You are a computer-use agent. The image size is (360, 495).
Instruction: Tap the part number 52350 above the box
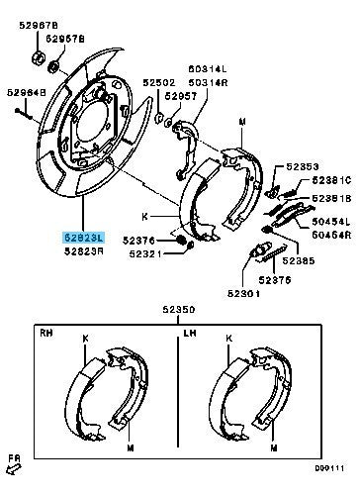click(x=180, y=311)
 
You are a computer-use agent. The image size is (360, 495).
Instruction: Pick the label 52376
click(x=139, y=240)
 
